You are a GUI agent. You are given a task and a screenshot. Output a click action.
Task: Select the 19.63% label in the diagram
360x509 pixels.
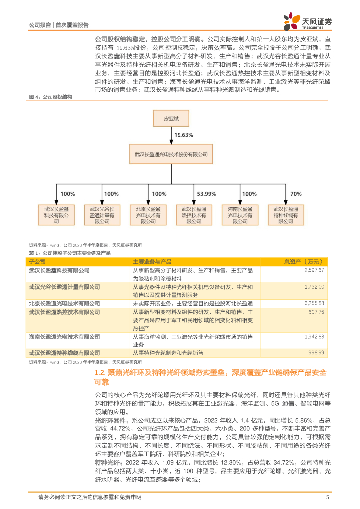coord(183,134)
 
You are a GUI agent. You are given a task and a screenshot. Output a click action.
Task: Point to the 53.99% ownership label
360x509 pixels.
coord(207,194)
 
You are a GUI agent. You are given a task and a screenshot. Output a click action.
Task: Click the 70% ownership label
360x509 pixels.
coord(296,194)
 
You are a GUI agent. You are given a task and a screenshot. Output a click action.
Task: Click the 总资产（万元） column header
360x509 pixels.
coord(304,261)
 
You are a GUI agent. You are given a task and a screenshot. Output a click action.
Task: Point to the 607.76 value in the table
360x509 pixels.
coord(316,312)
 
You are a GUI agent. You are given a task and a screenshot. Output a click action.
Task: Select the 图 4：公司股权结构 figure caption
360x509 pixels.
coord(50,97)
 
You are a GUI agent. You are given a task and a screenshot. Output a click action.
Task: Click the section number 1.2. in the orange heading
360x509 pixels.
coord(100,372)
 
